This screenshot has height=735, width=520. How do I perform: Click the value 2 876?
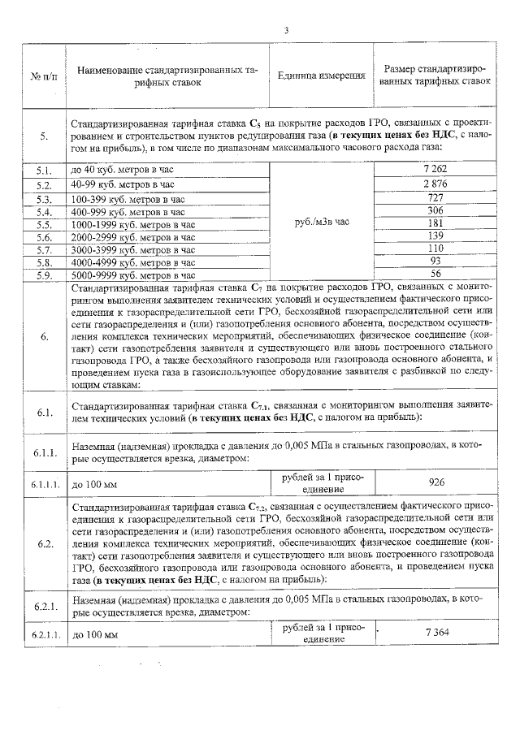pyautogui.click(x=436, y=184)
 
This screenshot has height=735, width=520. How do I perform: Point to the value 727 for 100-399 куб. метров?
pyautogui.click(x=436, y=198)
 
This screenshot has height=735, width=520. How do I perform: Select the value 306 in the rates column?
pyautogui.click(x=436, y=210)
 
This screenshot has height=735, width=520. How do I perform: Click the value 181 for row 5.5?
pyautogui.click(x=436, y=223)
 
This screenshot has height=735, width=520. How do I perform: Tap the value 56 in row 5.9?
pyautogui.click(x=436, y=275)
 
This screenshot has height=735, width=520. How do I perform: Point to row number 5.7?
pyautogui.click(x=44, y=250)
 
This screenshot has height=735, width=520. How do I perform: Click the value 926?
pyautogui.click(x=436, y=482)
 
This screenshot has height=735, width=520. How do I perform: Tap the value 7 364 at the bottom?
pyautogui.click(x=436, y=633)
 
